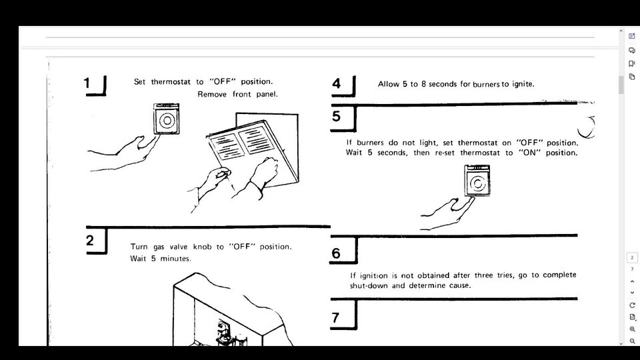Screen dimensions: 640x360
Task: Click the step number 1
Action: (87, 83)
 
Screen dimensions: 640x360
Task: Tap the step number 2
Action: (90, 241)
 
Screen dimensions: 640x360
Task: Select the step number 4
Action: (336, 83)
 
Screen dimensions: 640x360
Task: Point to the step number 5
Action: (336, 116)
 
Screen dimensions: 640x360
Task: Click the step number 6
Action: (336, 253)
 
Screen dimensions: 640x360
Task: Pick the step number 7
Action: (335, 317)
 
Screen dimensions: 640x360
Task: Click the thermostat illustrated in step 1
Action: (167, 119)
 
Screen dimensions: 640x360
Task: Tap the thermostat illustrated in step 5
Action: (477, 181)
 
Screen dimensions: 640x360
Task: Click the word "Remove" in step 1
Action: (212, 94)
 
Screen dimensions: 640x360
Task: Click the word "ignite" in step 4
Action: (523, 84)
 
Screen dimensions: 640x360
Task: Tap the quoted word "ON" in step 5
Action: (529, 153)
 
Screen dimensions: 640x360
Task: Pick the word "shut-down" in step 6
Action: (369, 286)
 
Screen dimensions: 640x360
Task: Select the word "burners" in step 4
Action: (486, 85)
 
